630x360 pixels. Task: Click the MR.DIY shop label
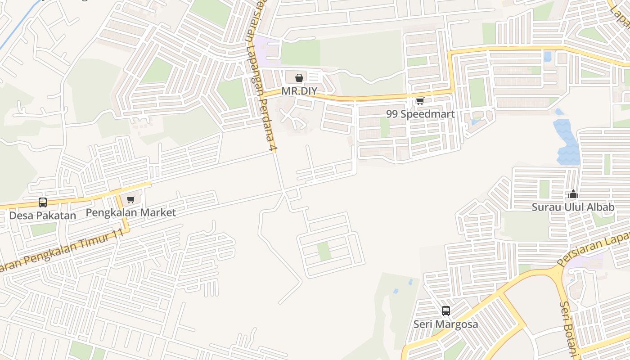[299, 91]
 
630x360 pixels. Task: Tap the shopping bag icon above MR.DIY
[299, 78]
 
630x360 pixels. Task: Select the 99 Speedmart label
[420, 114]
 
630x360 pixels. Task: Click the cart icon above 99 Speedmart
[420, 101]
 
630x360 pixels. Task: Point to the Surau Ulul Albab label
[573, 207]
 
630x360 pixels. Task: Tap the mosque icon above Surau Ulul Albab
[573, 194]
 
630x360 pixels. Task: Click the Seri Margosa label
[445, 324]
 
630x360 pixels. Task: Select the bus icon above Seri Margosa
[445, 310]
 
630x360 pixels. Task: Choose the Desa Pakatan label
[43, 216]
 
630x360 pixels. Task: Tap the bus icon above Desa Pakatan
[43, 202]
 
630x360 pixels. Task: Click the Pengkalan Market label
[130, 212]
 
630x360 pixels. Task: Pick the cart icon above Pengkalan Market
[130, 199]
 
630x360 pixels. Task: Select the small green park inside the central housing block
[324, 251]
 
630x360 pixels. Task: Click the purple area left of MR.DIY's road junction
[266, 50]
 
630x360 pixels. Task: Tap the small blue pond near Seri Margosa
[410, 282]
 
